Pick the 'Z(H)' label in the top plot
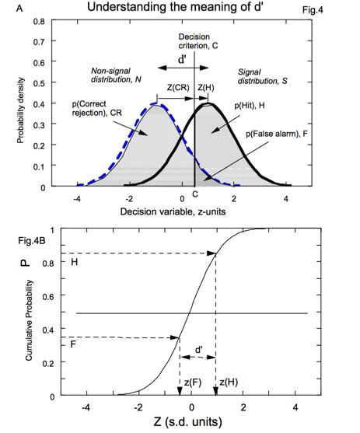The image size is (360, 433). pos(208,87)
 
